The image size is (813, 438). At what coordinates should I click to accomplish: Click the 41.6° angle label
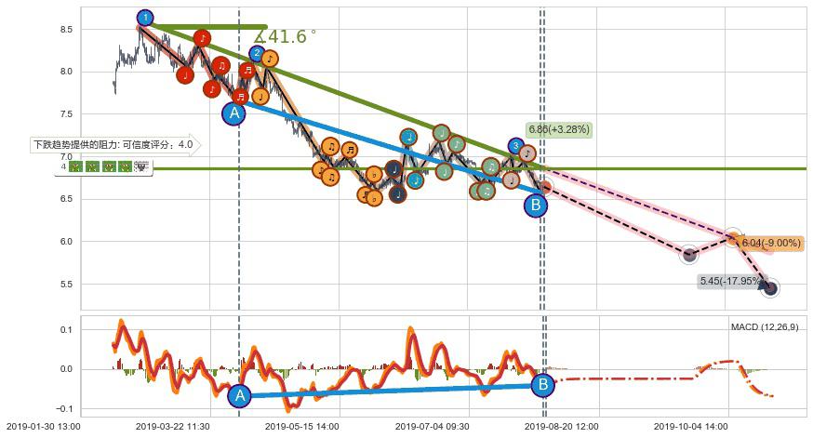tap(286, 36)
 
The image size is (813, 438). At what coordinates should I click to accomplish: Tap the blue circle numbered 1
tap(145, 18)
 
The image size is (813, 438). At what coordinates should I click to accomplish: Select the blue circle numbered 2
tap(257, 53)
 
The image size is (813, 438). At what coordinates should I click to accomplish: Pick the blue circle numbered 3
tap(515, 146)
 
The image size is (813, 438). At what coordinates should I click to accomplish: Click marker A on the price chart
tap(234, 113)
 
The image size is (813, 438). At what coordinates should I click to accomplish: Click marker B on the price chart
tap(535, 206)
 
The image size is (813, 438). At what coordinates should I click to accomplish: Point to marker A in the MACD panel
tap(239, 395)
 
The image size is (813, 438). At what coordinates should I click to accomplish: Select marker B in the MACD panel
tap(542, 383)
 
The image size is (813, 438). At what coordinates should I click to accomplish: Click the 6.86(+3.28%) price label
tap(558, 129)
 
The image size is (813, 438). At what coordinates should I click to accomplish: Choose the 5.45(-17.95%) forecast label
tap(728, 280)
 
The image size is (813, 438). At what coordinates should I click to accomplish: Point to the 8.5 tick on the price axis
tap(65, 30)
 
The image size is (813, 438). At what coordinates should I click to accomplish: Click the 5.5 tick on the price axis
tap(65, 284)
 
